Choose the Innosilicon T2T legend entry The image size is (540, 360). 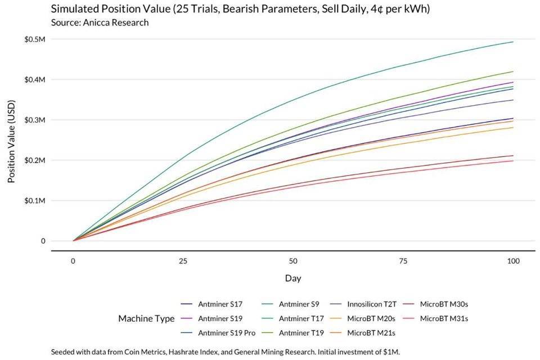pos(372,304)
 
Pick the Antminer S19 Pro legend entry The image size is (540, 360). pos(226,333)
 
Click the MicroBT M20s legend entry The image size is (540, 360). pos(371,318)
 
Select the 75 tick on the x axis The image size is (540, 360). pos(403,262)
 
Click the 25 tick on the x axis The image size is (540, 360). pos(183,262)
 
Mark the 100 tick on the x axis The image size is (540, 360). pos(512,262)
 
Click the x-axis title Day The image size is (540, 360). pos(293,278)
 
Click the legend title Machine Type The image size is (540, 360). pos(146,318)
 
